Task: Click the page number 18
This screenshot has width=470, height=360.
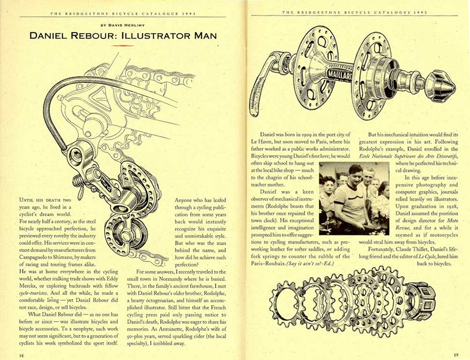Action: point(21,355)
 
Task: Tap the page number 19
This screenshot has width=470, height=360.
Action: point(456,354)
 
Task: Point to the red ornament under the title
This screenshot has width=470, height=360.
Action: point(123,45)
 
